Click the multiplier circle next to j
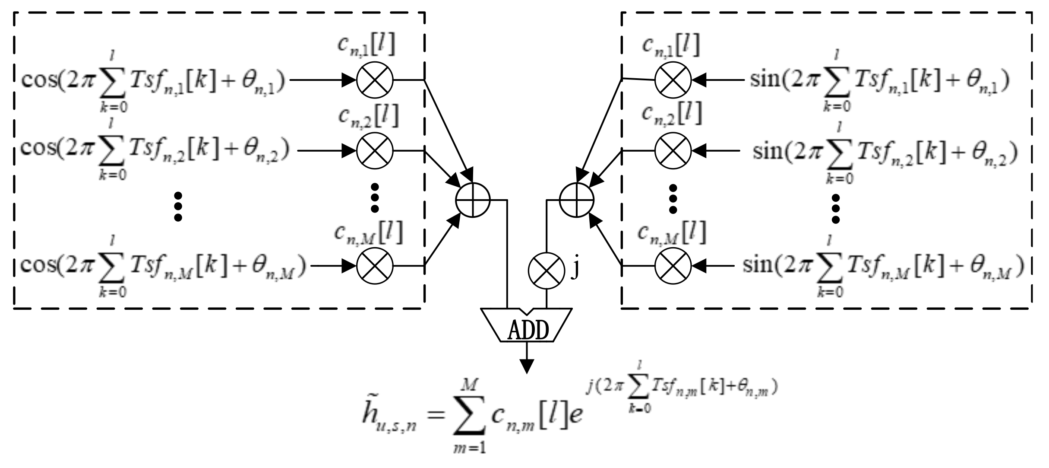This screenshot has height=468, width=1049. coord(547,271)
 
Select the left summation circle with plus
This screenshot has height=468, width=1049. coord(473,200)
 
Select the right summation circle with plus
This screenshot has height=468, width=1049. coord(576,200)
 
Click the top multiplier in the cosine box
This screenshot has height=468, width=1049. coord(375,80)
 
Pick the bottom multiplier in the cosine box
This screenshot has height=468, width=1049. coord(375,266)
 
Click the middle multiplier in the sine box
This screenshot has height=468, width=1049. coord(673,151)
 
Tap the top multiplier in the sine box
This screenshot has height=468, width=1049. coord(673,80)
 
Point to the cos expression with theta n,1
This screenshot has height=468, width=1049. coord(153,81)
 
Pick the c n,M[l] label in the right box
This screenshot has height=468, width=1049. coord(672,233)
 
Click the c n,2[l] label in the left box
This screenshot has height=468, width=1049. coord(368,116)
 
